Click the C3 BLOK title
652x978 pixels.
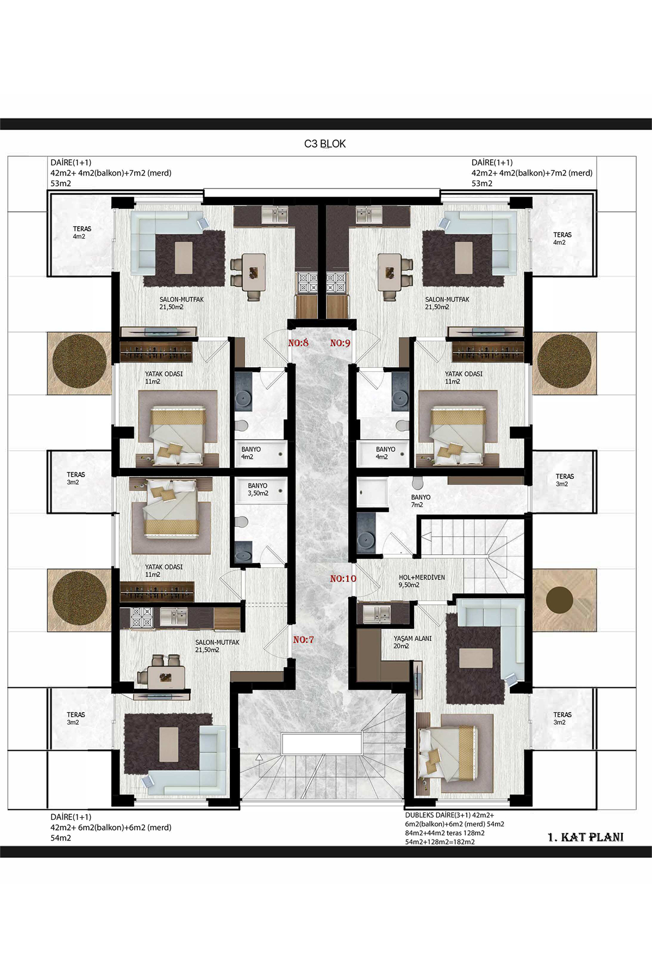click(325, 144)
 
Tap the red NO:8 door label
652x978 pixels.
click(298, 343)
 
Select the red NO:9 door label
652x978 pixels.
click(340, 343)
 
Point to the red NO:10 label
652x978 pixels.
click(343, 579)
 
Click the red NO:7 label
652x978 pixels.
click(303, 640)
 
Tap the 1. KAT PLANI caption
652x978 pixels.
click(586, 837)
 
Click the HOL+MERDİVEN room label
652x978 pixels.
click(422, 578)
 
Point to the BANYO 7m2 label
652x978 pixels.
click(421, 501)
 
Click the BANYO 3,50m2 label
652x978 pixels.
click(258, 490)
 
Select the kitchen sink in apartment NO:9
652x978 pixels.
click(369, 215)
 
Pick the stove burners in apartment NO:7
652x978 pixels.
click(142, 618)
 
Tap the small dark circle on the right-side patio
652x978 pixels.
click(560, 600)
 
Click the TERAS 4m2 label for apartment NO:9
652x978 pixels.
click(562, 239)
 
